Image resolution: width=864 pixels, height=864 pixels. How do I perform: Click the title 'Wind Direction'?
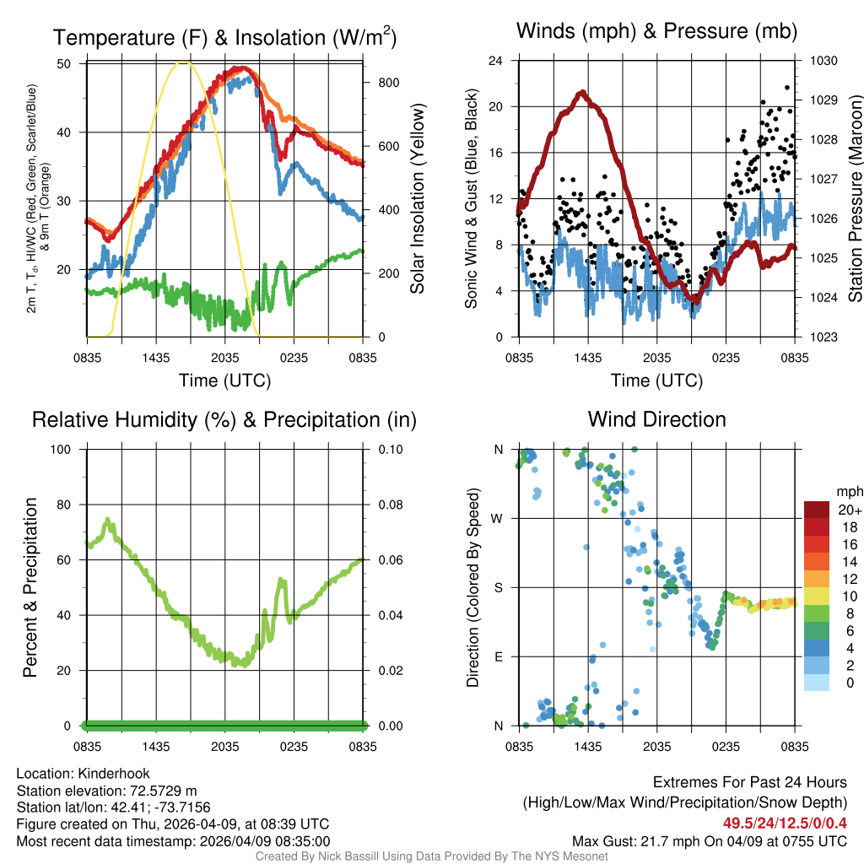click(x=656, y=419)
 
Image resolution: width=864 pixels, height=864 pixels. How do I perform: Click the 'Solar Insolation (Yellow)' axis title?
click(x=417, y=199)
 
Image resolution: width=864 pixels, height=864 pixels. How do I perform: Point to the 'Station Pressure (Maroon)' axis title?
click(x=854, y=199)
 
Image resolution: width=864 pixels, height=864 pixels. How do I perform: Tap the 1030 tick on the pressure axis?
click(x=823, y=61)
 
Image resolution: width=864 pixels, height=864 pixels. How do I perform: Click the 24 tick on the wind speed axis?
click(x=496, y=61)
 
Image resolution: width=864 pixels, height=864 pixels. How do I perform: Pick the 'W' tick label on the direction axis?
click(x=499, y=518)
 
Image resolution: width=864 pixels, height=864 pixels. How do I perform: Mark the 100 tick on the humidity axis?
click(x=63, y=449)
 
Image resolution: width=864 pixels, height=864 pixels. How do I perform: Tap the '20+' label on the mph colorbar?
click(x=849, y=510)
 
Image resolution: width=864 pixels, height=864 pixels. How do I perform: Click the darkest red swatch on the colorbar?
click(x=818, y=510)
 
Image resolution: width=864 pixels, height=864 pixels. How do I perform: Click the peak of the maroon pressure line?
click(x=580, y=92)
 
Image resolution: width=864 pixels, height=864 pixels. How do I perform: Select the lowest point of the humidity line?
click(x=244, y=664)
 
